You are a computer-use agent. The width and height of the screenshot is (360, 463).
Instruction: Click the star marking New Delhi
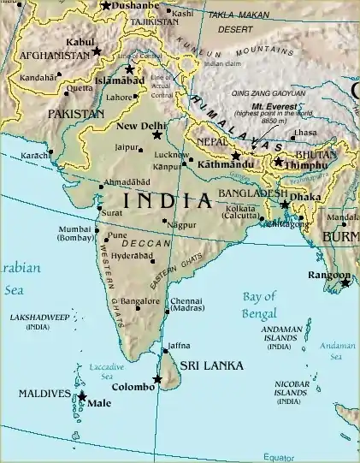[156, 135]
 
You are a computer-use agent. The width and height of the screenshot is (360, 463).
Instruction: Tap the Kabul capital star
[97, 51]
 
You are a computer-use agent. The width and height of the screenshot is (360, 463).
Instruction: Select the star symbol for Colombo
[157, 379]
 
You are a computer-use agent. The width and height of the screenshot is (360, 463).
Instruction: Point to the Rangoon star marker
[345, 282]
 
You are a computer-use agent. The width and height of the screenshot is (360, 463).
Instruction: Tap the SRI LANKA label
[211, 365]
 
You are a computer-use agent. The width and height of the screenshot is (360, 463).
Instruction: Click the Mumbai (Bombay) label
[74, 234]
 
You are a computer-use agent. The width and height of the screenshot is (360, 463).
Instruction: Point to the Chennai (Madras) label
[186, 306]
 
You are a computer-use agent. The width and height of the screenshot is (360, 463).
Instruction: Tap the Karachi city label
[35, 156]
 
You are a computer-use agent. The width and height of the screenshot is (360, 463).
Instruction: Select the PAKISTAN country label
[76, 113]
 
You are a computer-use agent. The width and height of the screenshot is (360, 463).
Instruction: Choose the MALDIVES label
[44, 394]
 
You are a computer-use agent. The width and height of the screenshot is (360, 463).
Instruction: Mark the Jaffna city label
[178, 346]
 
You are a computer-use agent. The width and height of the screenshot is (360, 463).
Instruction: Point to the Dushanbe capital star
[105, 6]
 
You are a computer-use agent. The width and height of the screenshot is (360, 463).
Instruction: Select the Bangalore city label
[140, 301]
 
